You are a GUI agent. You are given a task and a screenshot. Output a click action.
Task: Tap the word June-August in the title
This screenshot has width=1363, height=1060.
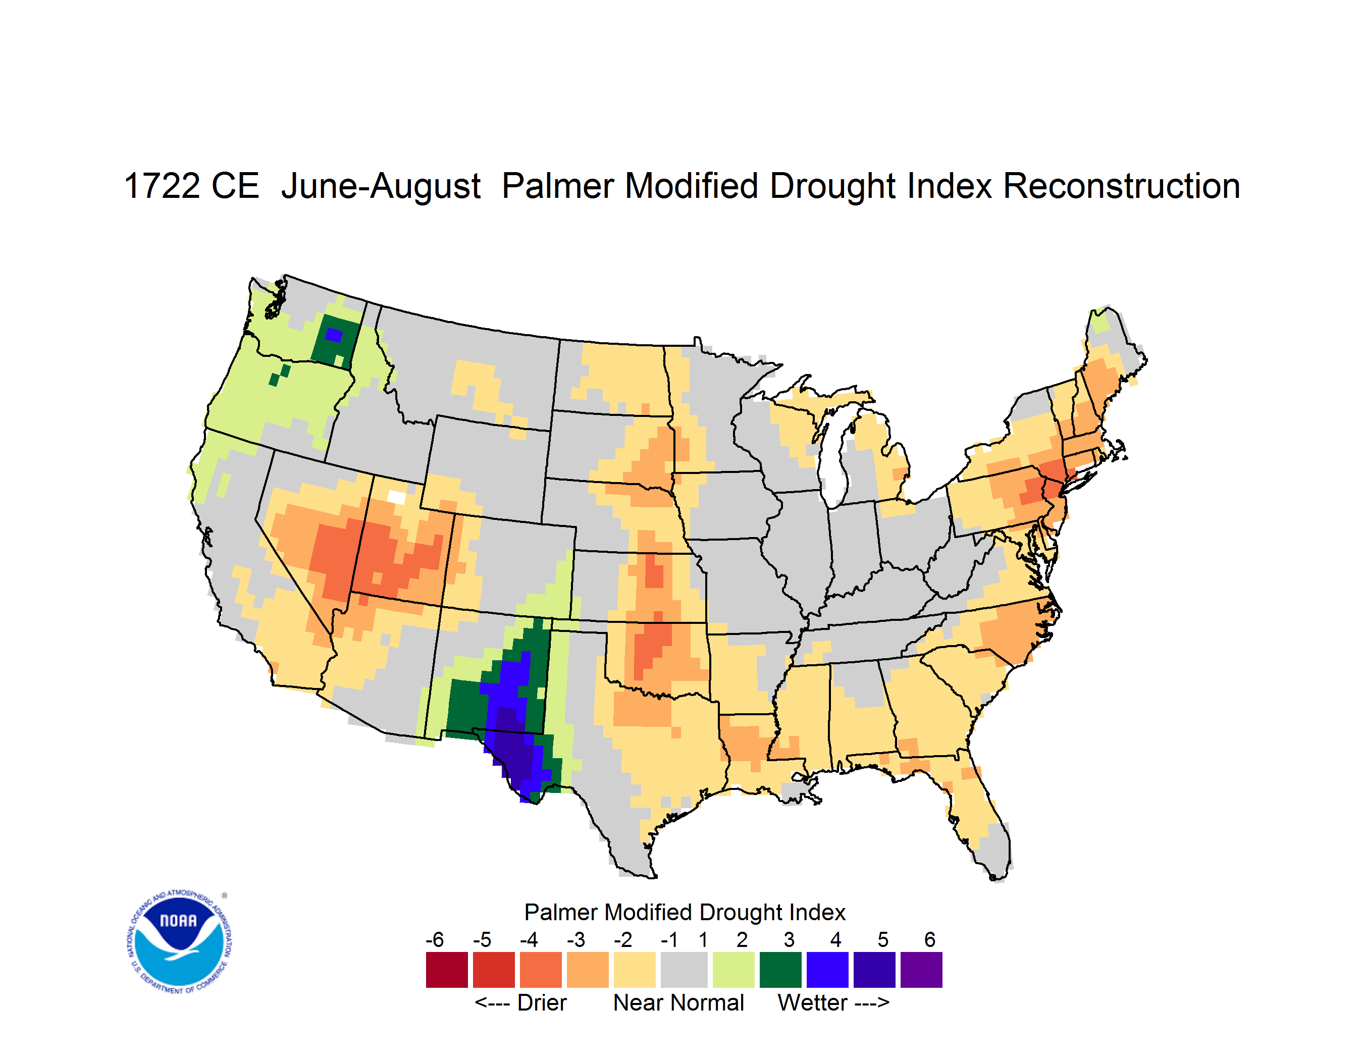tap(381, 187)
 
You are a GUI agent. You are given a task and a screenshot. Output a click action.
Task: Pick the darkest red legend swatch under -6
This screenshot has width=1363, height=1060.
tap(447, 970)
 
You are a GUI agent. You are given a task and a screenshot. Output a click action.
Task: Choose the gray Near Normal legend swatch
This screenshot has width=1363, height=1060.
tap(684, 970)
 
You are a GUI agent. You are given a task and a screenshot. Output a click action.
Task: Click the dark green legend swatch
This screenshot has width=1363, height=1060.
tap(780, 970)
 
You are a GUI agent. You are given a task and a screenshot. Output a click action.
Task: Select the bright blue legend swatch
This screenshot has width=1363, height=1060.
tap(827, 970)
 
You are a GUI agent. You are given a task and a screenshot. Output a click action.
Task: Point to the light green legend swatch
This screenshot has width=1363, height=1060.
tap(733, 970)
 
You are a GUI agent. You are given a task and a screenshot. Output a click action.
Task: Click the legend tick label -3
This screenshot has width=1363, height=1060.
tap(575, 939)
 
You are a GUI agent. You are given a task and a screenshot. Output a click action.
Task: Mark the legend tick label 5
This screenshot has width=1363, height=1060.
tap(882, 939)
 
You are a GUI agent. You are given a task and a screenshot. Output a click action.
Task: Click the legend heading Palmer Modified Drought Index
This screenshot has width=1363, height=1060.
tap(685, 912)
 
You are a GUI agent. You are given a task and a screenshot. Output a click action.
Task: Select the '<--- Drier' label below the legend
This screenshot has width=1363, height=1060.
tap(520, 1002)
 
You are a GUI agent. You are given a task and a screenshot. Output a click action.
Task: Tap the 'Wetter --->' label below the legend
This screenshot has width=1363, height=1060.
tap(833, 1002)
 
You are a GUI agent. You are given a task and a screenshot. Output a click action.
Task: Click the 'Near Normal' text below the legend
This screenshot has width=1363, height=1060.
tap(678, 1002)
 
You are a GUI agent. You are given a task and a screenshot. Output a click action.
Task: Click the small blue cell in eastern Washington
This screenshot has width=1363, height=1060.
tap(334, 335)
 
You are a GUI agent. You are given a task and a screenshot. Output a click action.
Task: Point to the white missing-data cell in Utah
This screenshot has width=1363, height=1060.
tap(396, 497)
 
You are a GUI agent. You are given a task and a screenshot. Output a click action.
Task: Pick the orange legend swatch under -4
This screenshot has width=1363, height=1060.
tap(541, 970)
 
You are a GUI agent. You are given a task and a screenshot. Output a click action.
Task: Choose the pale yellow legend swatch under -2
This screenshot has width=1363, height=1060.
tap(634, 970)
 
